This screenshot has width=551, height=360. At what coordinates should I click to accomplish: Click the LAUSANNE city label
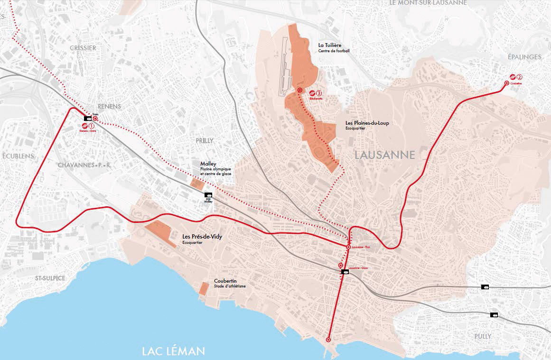coord(385,155)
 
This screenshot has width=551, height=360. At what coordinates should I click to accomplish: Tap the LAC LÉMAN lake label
coord(174,351)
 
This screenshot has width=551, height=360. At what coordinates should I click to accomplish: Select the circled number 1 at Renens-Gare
coord(92,126)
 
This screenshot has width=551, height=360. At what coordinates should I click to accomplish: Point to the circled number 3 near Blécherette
coord(319,93)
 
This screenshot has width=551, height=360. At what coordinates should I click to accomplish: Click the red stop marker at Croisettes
coord(506,83)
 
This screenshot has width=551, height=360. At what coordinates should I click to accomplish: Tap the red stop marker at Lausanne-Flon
coord(348,247)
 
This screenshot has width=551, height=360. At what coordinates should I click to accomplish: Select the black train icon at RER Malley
coord(208,195)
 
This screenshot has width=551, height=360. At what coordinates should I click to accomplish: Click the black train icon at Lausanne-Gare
coord(345,272)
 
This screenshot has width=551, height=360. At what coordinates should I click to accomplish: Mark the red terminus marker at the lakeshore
coord(328,340)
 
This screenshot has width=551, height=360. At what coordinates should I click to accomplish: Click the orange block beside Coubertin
coord(204,289)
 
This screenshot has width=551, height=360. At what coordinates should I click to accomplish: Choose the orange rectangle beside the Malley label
coord(196,184)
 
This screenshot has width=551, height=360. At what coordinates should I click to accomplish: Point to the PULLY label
coord(483,336)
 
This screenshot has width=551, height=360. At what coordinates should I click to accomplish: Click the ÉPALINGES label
coord(524,57)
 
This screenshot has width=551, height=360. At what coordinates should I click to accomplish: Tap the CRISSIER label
coord(83,48)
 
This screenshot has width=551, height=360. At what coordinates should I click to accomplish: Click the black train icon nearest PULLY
coord(494,314)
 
